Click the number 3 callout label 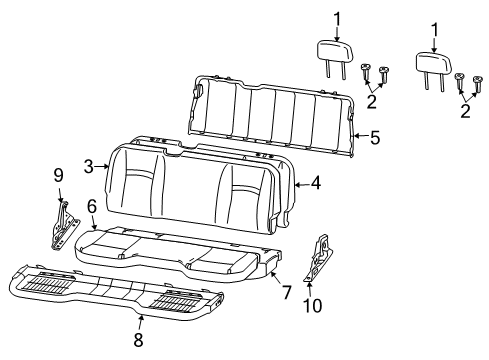[x=88, y=166]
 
